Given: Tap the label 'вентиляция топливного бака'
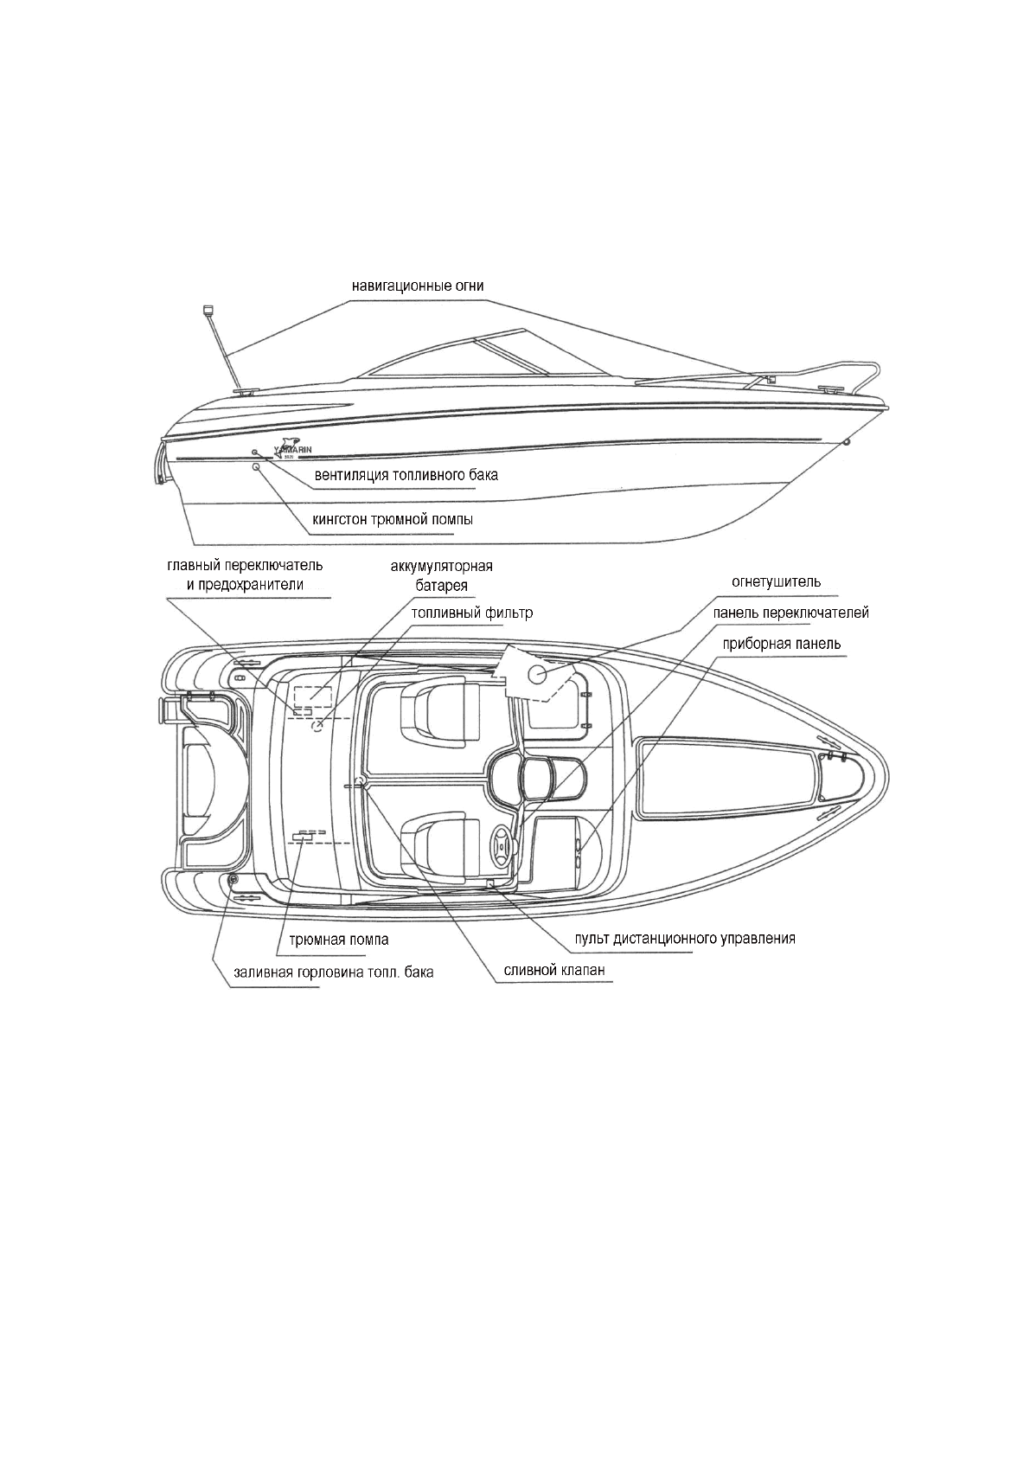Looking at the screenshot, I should click(406, 475).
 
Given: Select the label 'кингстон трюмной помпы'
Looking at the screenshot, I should click(392, 520).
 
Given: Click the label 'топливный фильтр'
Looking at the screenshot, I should click(472, 613).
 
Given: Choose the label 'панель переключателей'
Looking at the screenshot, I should click(791, 613).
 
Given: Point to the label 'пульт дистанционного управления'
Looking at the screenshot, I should click(685, 938).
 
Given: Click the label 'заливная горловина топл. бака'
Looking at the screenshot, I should click(333, 972).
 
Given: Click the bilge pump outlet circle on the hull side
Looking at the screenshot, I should click(256, 467).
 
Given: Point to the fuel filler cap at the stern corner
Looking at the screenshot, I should click(233, 880).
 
